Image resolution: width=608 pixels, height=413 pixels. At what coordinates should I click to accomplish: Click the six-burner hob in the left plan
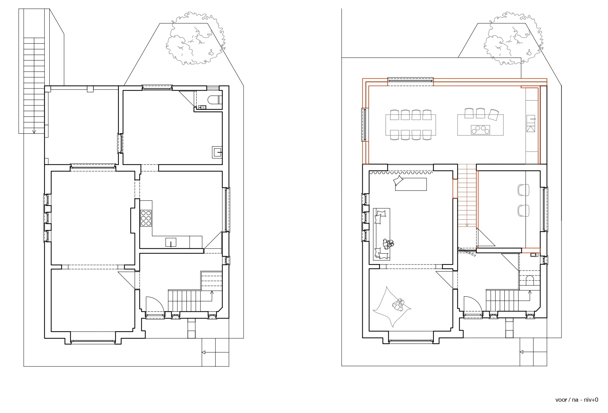(146, 218)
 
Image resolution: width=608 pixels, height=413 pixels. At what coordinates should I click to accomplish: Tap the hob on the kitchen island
(480, 130)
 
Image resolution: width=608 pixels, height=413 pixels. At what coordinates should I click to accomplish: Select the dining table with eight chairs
(411, 125)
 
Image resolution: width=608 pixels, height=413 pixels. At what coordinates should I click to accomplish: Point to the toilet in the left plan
(214, 100)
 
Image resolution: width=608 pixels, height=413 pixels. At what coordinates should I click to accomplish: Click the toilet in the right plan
(529, 280)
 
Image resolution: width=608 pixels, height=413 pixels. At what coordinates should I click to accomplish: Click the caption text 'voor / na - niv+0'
(577, 400)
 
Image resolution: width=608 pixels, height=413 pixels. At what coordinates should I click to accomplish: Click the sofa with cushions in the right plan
(382, 234)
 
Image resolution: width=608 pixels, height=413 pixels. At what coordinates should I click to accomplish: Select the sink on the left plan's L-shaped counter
(171, 242)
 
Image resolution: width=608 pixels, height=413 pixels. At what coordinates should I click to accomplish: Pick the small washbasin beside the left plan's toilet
(202, 107)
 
